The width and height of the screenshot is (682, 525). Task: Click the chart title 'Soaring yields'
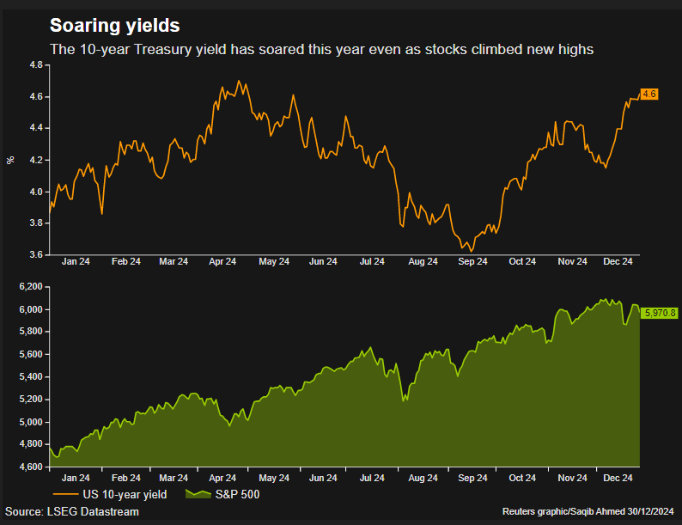pyautogui.click(x=115, y=26)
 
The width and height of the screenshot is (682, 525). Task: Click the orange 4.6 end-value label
pyautogui.click(x=649, y=94)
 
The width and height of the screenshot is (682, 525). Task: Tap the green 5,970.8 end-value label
pyautogui.click(x=661, y=312)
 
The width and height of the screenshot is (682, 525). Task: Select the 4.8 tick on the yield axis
pyautogui.click(x=36, y=65)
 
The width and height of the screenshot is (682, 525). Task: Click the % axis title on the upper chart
pyautogui.click(x=10, y=160)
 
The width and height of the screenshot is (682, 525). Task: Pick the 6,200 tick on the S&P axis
pyautogui.click(x=31, y=286)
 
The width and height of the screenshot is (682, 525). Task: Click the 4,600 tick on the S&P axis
pyautogui.click(x=31, y=467)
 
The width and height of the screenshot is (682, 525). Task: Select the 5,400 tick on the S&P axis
pyautogui.click(x=31, y=376)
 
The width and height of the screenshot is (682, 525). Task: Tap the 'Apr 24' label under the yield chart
pyautogui.click(x=223, y=261)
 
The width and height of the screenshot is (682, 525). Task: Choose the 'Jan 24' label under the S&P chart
pyautogui.click(x=76, y=477)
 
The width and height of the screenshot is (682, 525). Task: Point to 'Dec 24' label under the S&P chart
pyautogui.click(x=619, y=477)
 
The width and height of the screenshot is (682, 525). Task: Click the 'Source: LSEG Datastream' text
pyautogui.click(x=73, y=512)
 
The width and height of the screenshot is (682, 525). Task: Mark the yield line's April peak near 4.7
pyautogui.click(x=238, y=82)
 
